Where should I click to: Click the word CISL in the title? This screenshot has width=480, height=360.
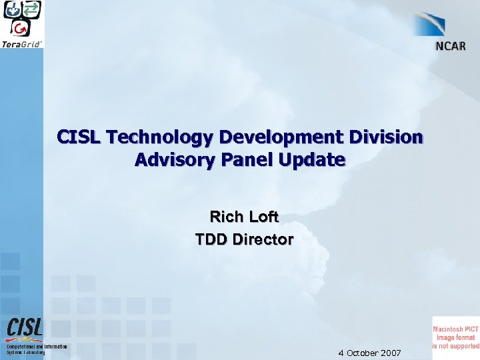[78, 138]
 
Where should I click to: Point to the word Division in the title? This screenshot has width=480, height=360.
[389, 138]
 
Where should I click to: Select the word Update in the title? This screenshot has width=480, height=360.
[316, 160]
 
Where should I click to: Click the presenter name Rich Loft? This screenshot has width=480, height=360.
[244, 217]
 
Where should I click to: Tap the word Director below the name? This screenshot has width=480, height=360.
[263, 239]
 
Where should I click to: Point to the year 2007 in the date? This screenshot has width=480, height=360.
[389, 353]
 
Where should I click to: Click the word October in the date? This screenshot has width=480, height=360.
[360, 353]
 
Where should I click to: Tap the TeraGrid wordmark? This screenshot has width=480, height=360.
[22, 43]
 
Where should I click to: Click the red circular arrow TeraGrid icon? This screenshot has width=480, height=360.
[22, 27]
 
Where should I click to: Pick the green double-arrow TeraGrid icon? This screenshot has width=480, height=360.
[31, 10]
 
